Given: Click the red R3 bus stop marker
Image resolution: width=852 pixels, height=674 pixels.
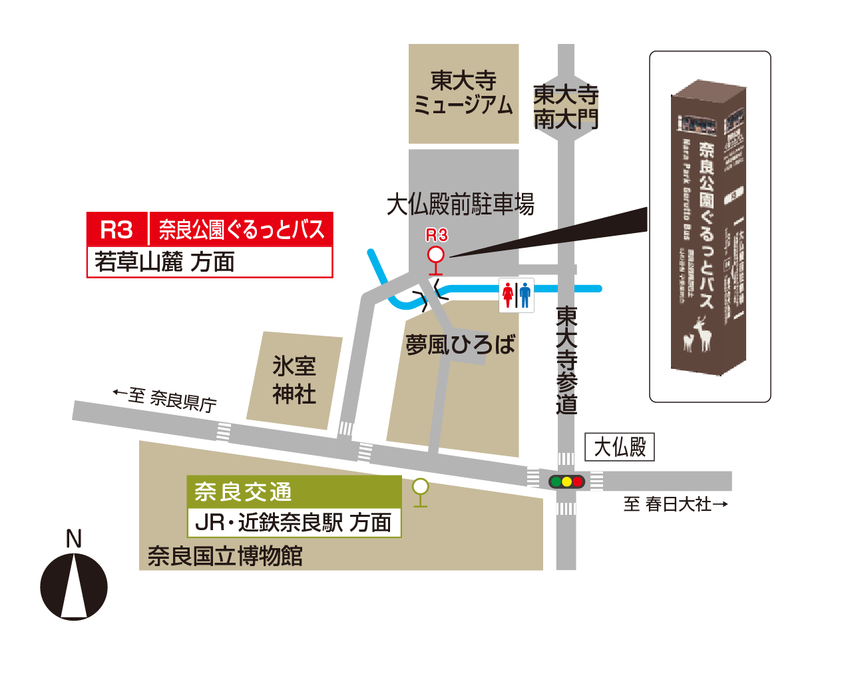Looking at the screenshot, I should click(435, 256).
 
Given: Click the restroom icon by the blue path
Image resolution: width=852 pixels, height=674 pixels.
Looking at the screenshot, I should click(517, 295).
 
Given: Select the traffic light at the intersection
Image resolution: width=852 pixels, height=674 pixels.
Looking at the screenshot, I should click(566, 481).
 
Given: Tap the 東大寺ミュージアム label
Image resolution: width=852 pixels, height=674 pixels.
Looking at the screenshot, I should click(463, 93).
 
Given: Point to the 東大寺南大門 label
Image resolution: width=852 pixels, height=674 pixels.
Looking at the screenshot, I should click(566, 107).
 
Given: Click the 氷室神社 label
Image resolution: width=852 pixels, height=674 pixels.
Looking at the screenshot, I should click(294, 380).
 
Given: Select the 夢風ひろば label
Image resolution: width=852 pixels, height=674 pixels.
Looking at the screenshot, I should click(460, 345).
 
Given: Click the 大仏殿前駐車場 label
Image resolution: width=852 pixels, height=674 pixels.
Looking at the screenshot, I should click(460, 204).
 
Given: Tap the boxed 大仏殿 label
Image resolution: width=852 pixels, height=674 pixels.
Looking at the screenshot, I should click(620, 447).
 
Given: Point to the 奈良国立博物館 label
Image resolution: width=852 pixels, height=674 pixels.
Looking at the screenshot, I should click(225, 555).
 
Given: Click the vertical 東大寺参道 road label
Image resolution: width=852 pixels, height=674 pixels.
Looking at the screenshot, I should click(566, 360).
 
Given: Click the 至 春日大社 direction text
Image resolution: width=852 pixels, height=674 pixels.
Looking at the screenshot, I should click(675, 504).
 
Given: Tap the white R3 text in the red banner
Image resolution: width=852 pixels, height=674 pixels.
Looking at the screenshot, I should click(116, 230).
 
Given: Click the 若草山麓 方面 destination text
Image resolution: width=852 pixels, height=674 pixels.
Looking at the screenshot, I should click(164, 262).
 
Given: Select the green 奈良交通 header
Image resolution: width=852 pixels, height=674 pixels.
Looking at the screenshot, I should click(243, 492).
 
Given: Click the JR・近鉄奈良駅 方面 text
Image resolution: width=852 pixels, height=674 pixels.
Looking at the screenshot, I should click(293, 523).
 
